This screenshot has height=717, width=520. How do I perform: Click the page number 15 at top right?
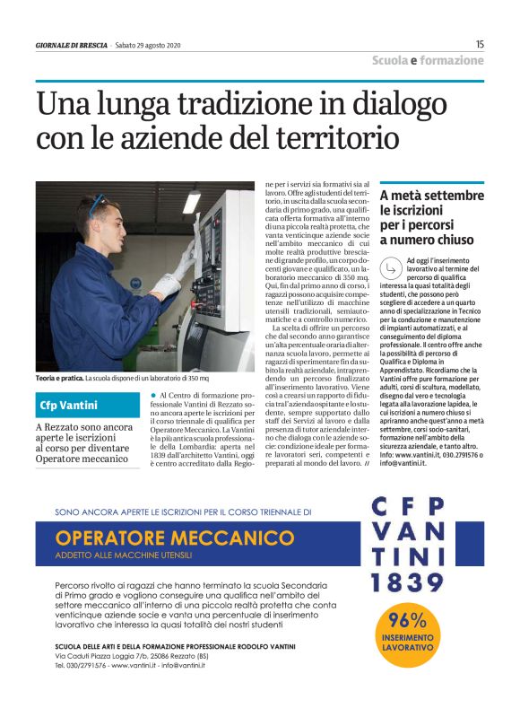480,44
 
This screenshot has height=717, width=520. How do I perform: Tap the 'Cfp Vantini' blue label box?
71,405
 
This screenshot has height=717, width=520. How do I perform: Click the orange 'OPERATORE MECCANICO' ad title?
169,538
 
